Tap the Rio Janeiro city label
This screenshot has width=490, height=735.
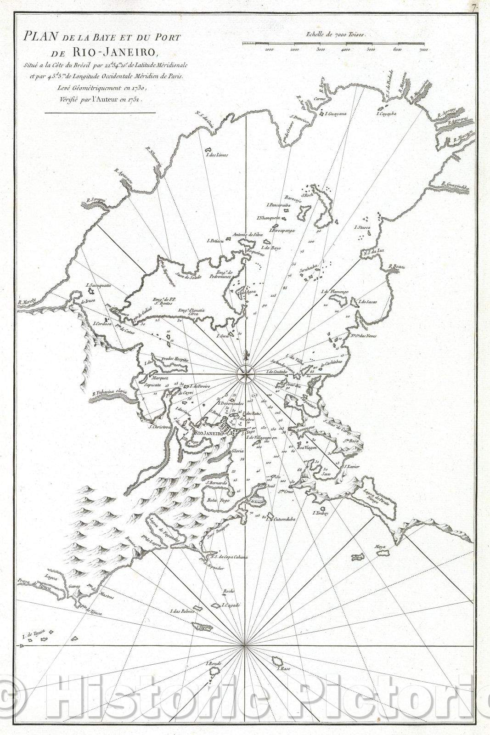click(208, 433)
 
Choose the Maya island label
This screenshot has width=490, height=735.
click(379, 547)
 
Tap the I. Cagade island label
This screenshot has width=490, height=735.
click(231, 605)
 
